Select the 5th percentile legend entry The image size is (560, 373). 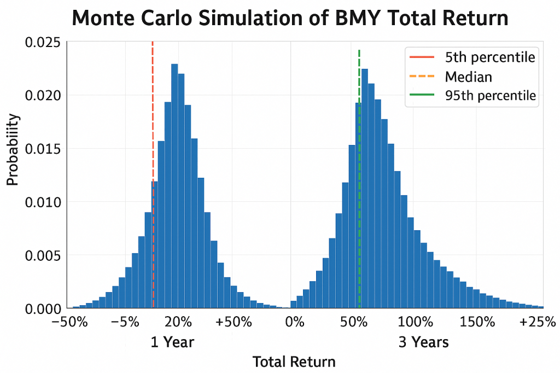(x=489, y=56)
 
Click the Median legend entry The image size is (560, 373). (x=468, y=77)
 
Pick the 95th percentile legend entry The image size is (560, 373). (x=491, y=96)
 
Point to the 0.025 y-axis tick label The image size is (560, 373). (x=43, y=42)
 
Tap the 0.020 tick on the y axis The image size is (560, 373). (x=43, y=96)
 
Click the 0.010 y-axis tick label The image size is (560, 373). (x=43, y=202)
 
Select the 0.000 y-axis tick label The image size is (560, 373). (x=43, y=309)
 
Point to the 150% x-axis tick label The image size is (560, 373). (x=477, y=322)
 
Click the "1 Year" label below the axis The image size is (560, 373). (x=172, y=342)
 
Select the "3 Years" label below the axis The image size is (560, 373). (x=423, y=342)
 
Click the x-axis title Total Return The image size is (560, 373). (x=294, y=362)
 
